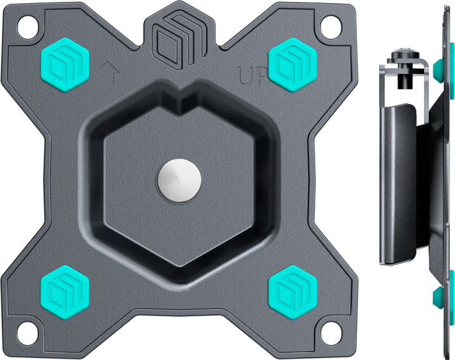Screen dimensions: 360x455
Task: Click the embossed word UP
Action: click(248, 76)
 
